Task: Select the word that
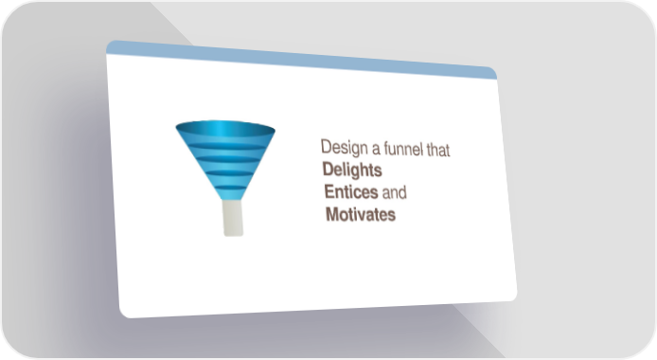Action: (438, 150)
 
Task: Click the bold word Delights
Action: (352, 171)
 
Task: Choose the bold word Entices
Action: (351, 192)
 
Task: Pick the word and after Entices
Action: (394, 192)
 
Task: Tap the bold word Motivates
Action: (361, 214)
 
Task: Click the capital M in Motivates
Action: (332, 214)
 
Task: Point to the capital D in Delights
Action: (328, 169)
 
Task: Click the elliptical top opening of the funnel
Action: (225, 129)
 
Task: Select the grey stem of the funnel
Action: (233, 218)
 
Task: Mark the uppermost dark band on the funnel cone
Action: (226, 146)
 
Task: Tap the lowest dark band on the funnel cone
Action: (230, 188)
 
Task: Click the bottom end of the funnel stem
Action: (234, 236)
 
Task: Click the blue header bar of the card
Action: (302, 60)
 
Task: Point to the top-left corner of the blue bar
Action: (107, 43)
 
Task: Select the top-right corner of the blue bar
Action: (494, 69)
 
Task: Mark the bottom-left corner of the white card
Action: (122, 315)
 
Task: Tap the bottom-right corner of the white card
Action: (515, 298)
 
